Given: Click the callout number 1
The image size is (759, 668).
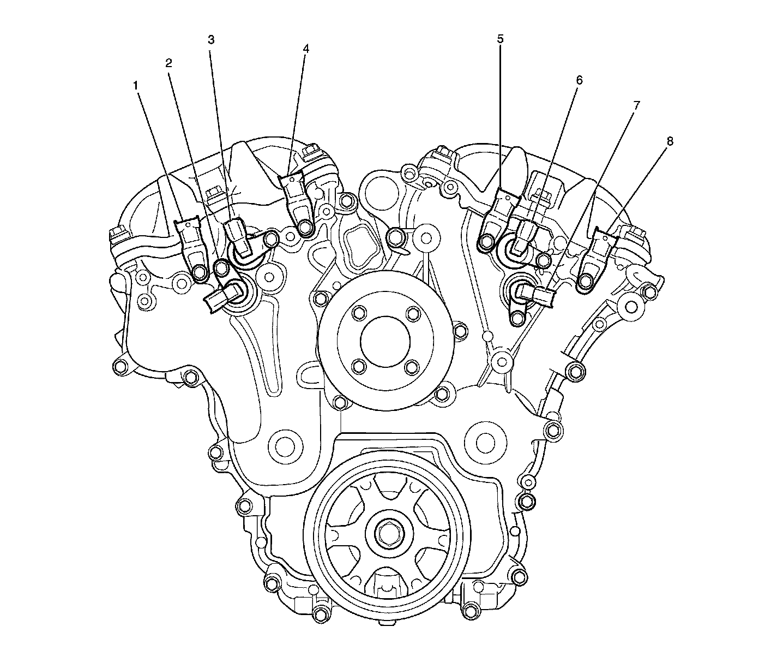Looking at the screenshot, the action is click(x=136, y=86).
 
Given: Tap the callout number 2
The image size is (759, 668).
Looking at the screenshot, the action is click(x=168, y=63).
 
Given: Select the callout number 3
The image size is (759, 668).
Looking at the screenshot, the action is click(x=212, y=39).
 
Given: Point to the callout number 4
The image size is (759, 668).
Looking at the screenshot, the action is click(x=306, y=49).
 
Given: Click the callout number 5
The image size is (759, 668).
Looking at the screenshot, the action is click(x=501, y=39).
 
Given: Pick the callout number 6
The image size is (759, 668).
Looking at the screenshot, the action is click(x=579, y=80).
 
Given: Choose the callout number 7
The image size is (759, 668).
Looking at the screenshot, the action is click(x=636, y=106).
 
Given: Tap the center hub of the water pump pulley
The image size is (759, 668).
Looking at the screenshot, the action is click(x=385, y=341).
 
